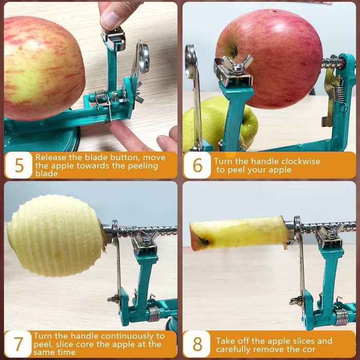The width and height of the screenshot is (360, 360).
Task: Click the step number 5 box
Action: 19,165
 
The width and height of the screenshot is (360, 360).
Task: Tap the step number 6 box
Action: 197,165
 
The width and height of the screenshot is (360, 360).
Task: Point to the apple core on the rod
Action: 239,233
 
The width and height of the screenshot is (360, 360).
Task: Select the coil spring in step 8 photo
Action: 341,316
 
